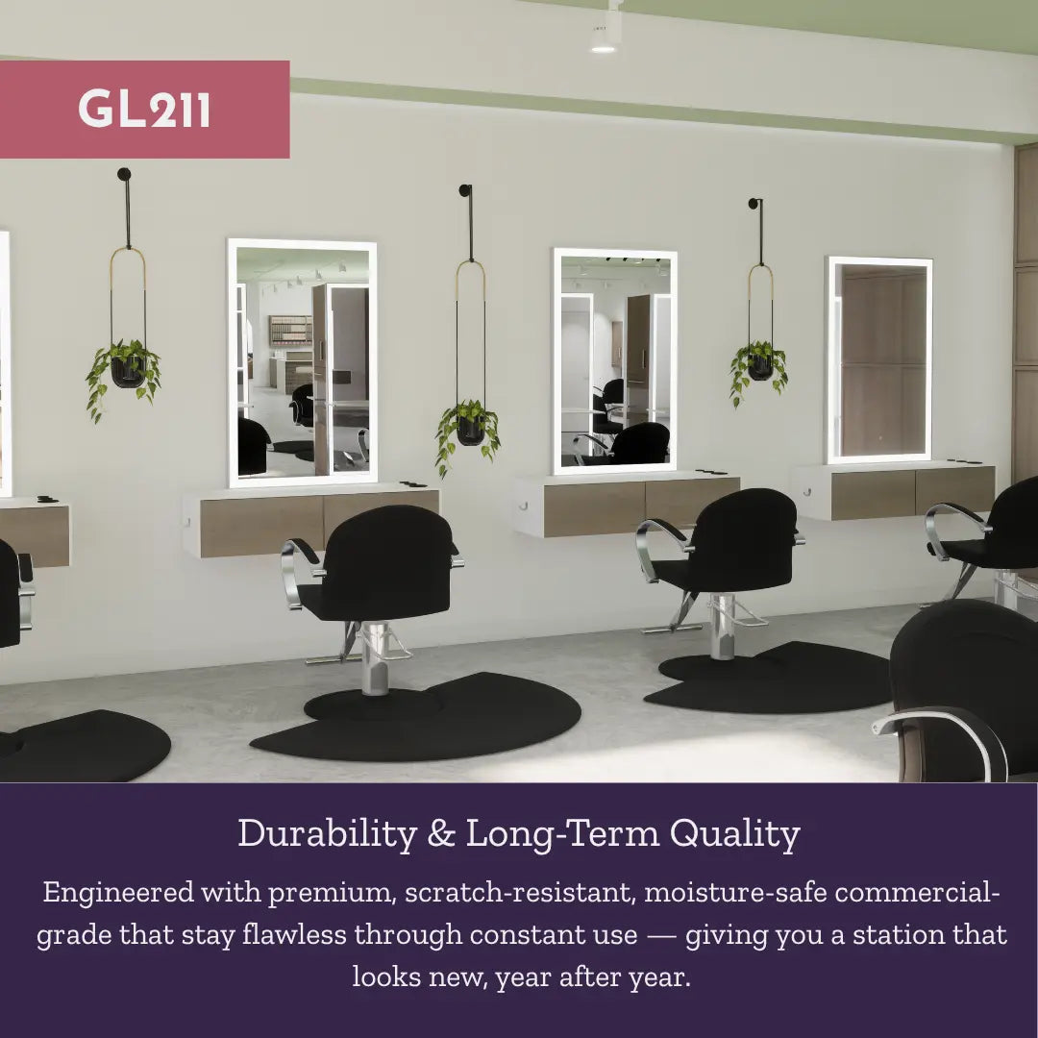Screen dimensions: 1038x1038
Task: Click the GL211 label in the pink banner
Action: (x=144, y=110)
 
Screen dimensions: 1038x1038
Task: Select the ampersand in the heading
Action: (x=441, y=834)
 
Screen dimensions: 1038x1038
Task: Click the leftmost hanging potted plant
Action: (x=125, y=369)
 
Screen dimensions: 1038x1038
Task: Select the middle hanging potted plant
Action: (x=470, y=427)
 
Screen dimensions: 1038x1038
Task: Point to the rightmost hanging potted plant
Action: (x=760, y=366)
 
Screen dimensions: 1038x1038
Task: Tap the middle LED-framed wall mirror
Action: (x=615, y=360)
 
